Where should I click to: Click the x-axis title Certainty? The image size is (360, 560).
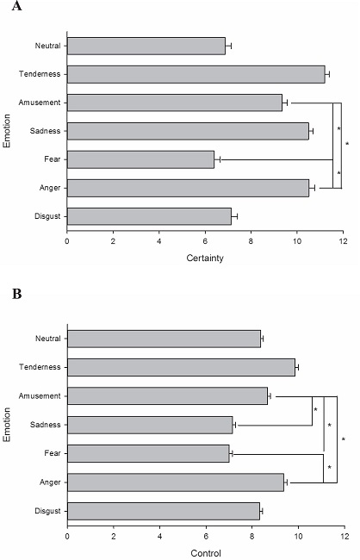(x=205, y=258)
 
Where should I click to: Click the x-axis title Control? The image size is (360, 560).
(x=205, y=551)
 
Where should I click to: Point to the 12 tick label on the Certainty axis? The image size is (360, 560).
(x=343, y=242)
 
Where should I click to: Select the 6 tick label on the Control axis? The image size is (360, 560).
(x=205, y=536)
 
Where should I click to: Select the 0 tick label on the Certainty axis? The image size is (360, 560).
(x=67, y=242)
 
